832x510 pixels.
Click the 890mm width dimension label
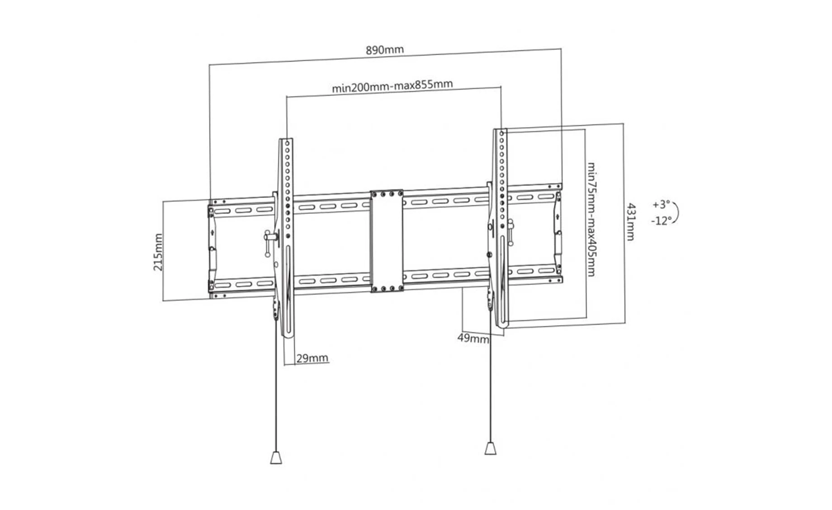[x=385, y=50]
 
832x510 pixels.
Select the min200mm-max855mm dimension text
[x=392, y=86]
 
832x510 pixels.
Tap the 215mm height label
[x=158, y=252]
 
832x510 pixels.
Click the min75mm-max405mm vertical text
[x=591, y=219]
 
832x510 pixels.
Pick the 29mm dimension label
[x=312, y=359]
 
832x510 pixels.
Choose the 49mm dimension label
[x=473, y=338]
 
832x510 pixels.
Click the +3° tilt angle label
[x=661, y=204]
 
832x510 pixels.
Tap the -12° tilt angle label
[x=661, y=221]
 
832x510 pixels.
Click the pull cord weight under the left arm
[x=276, y=457]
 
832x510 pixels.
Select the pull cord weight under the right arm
[x=491, y=448]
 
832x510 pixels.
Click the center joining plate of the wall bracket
[x=387, y=241]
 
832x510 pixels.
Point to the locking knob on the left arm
[x=269, y=243]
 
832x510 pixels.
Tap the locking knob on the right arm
[x=510, y=232]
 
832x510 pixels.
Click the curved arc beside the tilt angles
[x=677, y=212]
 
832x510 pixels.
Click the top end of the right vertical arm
[x=500, y=129]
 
